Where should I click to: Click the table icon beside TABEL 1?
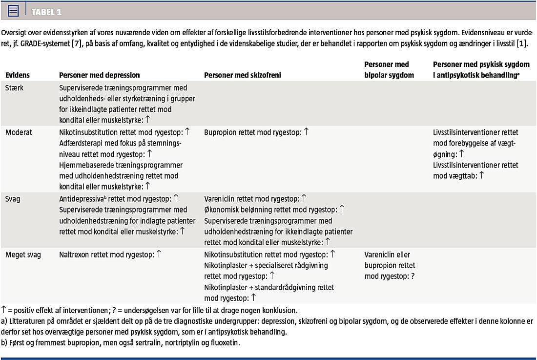(13, 10)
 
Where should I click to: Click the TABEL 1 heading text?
(46, 12)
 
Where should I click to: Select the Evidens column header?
(18, 75)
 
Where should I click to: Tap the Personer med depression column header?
(99, 75)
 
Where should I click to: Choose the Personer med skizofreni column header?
(242, 75)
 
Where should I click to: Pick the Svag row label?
(13, 199)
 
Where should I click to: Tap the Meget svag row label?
(23, 254)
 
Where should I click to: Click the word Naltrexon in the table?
(75, 254)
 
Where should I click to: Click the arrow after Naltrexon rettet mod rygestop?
(159, 254)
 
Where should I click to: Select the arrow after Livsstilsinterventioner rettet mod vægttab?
(481, 175)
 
